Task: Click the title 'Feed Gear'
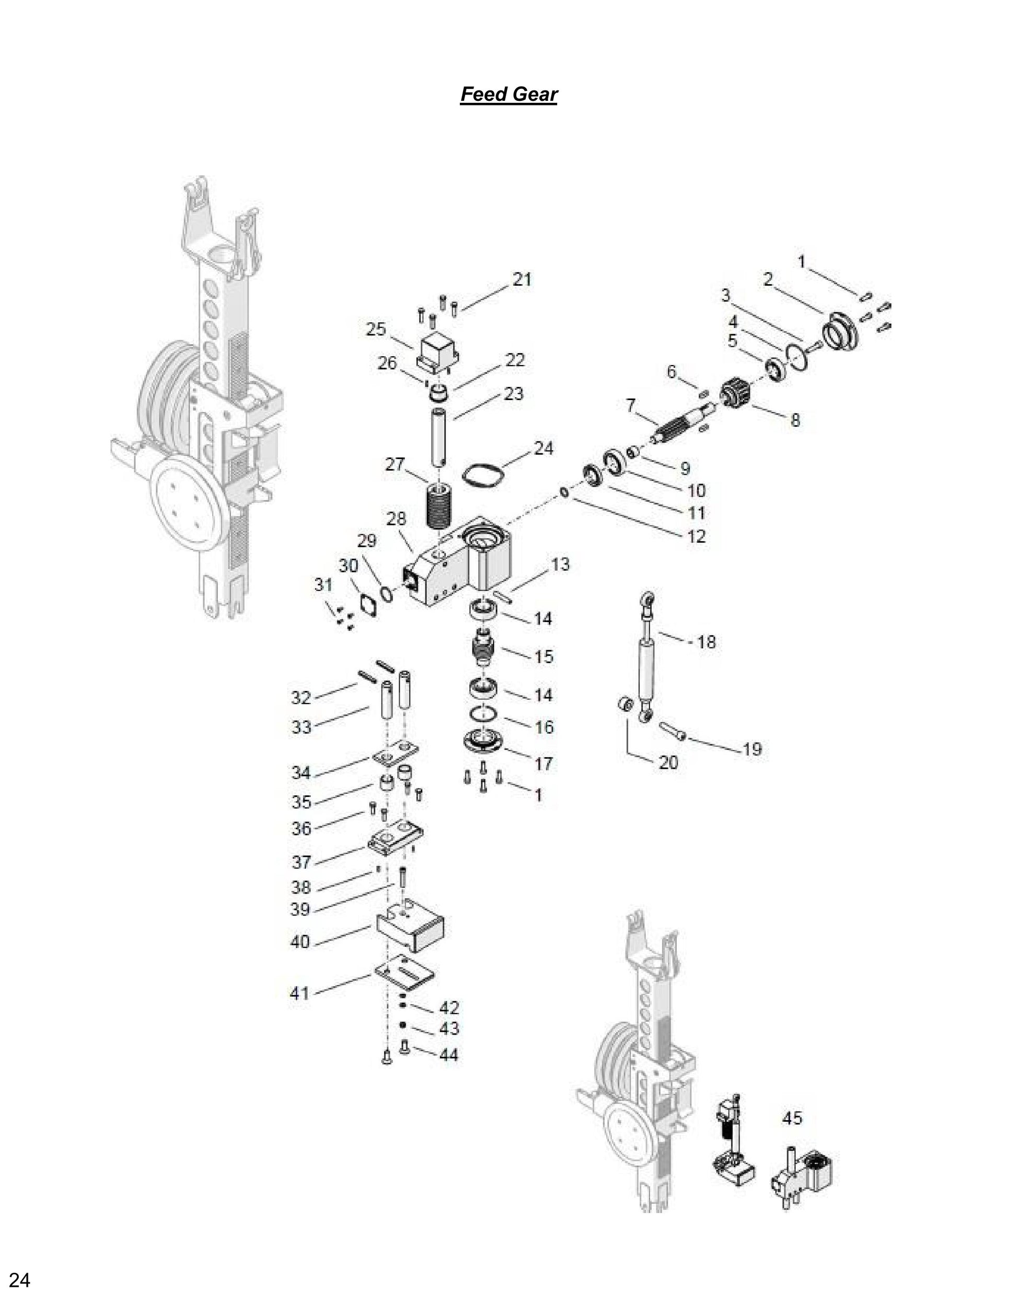point(509,95)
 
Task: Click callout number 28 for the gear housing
point(396,519)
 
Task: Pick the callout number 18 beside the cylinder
point(706,642)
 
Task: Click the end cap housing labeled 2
point(842,332)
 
